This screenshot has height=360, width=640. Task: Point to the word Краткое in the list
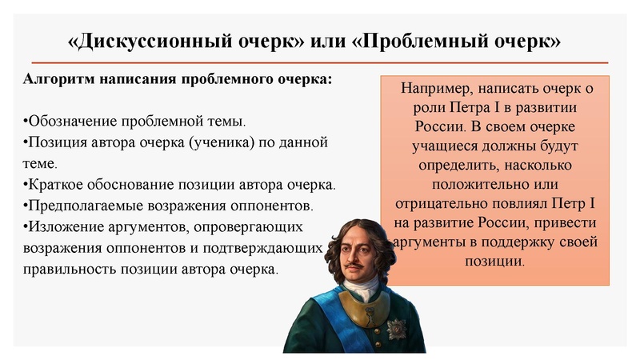pyautogui.click(x=54, y=185)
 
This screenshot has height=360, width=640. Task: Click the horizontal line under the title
pyautogui.click(x=320, y=62)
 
